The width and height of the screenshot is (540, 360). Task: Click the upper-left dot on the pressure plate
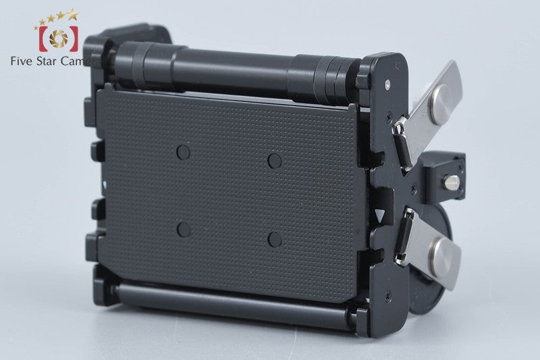[183, 152]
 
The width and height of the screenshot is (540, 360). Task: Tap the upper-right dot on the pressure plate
[275, 161]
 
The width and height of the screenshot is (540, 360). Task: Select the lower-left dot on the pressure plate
[184, 230]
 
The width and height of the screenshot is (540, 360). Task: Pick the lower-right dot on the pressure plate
[275, 240]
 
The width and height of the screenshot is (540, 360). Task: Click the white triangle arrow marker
[380, 215]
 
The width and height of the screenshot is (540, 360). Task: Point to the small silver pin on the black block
[452, 182]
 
